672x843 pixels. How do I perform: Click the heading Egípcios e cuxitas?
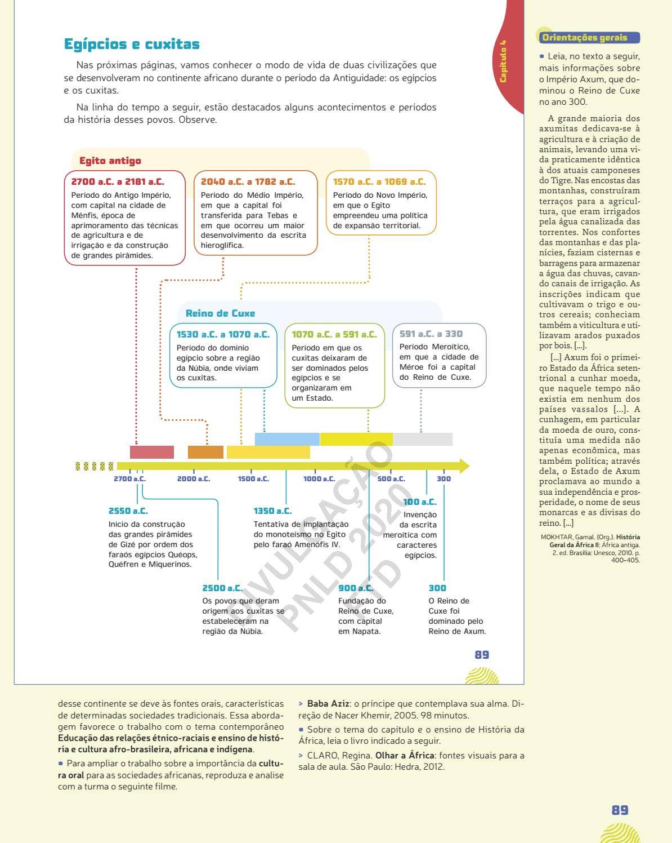pyautogui.click(x=132, y=44)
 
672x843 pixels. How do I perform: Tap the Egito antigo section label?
pyautogui.click(x=110, y=161)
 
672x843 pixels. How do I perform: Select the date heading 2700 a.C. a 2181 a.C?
pyautogui.click(x=118, y=181)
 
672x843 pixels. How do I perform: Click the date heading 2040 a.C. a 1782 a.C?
pyautogui.click(x=248, y=181)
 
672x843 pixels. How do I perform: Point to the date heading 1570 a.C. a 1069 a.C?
pyautogui.click(x=379, y=181)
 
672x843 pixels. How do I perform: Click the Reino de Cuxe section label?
pyautogui.click(x=220, y=313)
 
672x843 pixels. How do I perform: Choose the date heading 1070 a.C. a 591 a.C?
pyautogui.click(x=334, y=334)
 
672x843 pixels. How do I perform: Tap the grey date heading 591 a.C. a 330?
pyautogui.click(x=431, y=334)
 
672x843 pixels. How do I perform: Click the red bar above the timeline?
pyautogui.click(x=152, y=452)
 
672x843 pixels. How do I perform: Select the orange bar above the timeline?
pyautogui.click(x=205, y=452)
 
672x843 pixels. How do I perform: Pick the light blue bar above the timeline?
pyautogui.click(x=287, y=439)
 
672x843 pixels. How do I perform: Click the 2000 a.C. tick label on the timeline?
pyautogui.click(x=194, y=479)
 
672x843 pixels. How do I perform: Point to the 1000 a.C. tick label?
pyautogui.click(x=319, y=479)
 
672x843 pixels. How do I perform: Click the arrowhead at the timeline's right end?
pyautogui.click(x=464, y=466)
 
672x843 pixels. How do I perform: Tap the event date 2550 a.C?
pyautogui.click(x=128, y=511)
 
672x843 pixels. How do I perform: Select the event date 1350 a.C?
pyautogui.click(x=272, y=511)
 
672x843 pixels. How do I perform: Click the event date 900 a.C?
pyautogui.click(x=355, y=588)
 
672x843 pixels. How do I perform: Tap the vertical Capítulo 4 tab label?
pyautogui.click(x=503, y=61)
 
